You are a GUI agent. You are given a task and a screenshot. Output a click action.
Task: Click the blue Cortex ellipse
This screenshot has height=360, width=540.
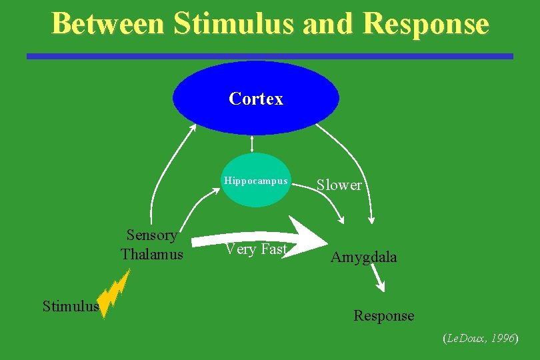(x=256, y=99)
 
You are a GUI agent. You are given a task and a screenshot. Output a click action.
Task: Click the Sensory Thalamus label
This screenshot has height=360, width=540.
(x=152, y=245)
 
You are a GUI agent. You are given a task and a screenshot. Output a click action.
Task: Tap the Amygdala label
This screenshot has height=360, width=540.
(x=363, y=257)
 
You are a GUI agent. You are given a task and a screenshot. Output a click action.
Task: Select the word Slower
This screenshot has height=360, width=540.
(x=339, y=185)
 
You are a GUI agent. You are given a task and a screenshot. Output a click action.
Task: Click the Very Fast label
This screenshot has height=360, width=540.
(x=256, y=249)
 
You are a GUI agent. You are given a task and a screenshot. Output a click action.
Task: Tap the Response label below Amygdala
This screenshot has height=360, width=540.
(x=383, y=316)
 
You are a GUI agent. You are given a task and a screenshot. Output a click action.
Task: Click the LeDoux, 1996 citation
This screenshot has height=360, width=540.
(x=480, y=339)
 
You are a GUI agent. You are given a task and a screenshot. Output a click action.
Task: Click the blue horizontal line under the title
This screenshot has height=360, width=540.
(x=270, y=57)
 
